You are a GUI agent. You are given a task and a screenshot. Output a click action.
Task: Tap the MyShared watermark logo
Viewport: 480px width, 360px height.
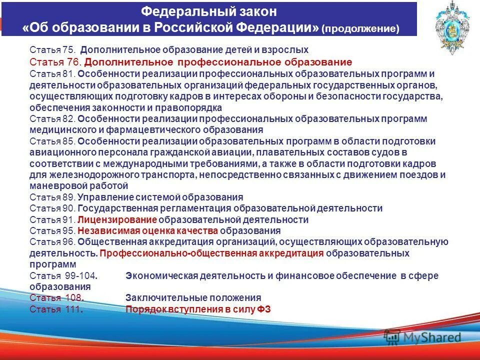tap(422, 337)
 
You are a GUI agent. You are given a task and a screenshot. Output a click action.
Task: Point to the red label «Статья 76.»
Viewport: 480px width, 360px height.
tap(55, 62)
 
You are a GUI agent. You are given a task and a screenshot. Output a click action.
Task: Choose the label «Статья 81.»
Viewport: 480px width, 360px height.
tap(52, 74)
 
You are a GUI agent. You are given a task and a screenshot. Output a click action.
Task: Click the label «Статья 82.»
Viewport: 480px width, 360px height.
tap(52, 119)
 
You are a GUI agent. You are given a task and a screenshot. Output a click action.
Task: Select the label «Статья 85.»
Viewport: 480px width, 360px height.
tap(52, 141)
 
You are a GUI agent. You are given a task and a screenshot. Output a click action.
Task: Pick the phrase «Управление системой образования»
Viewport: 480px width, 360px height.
tap(160, 197)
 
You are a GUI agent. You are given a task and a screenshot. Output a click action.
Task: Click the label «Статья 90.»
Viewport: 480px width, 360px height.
tap(52, 208)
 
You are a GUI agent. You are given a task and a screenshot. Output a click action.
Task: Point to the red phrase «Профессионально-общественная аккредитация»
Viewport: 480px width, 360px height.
tap(211, 253)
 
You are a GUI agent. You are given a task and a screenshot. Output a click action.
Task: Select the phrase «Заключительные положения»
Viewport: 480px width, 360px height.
tap(193, 298)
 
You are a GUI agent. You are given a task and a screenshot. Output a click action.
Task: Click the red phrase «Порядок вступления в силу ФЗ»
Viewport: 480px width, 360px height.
tap(198, 309)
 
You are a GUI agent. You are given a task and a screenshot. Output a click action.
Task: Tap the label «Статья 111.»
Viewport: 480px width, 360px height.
tap(55, 309)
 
